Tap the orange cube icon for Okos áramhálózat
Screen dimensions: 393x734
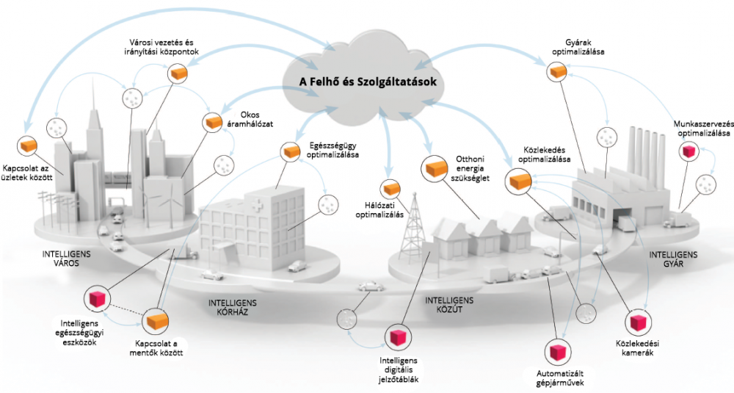click(213, 122)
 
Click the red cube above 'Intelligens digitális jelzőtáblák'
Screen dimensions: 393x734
click(399, 337)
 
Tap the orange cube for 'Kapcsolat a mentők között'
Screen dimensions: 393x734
click(156, 321)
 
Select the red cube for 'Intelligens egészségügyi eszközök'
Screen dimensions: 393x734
click(98, 298)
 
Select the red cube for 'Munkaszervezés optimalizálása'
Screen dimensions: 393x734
click(688, 151)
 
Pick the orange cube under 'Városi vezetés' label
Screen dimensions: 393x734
click(178, 73)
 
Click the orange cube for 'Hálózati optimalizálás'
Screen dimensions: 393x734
click(391, 187)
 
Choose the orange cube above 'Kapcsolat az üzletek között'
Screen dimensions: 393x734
click(29, 145)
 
